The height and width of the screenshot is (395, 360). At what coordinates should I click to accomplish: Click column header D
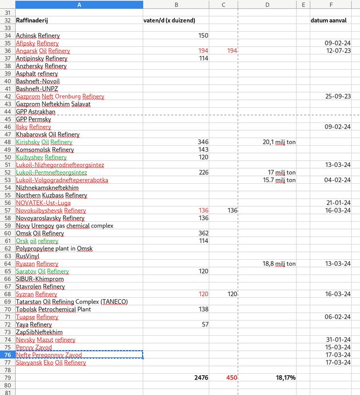(267, 4)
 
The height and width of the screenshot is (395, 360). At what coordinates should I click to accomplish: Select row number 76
(7, 355)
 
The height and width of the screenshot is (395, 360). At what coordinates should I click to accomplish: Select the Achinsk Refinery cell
(38, 36)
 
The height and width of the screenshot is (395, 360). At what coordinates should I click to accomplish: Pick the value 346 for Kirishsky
(203, 142)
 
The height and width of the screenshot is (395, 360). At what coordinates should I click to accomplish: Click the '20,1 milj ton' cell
(279, 142)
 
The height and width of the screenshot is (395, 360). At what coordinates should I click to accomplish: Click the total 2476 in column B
(201, 378)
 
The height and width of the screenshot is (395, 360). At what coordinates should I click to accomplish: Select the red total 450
(232, 378)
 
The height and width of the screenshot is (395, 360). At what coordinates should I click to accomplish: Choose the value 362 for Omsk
(203, 234)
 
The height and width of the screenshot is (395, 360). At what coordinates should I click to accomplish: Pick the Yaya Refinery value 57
(205, 324)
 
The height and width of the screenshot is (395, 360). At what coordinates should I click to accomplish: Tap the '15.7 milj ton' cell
(279, 180)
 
